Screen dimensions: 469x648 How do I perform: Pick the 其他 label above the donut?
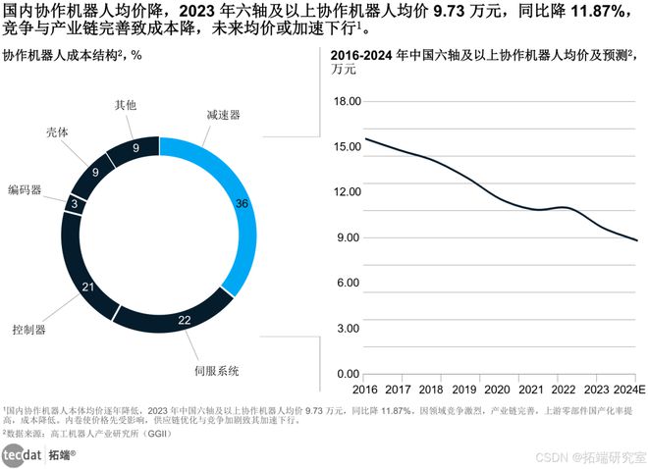(126, 104)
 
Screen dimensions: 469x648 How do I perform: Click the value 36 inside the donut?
(242, 203)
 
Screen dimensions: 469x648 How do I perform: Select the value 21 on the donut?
(88, 287)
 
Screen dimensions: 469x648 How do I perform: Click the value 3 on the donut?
(75, 203)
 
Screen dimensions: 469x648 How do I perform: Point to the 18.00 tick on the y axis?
(349, 101)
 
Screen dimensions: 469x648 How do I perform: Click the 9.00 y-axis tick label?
(351, 237)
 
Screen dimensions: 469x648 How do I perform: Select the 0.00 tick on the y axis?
(351, 374)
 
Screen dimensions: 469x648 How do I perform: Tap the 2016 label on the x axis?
(364, 390)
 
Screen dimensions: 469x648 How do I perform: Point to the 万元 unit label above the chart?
(345, 69)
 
